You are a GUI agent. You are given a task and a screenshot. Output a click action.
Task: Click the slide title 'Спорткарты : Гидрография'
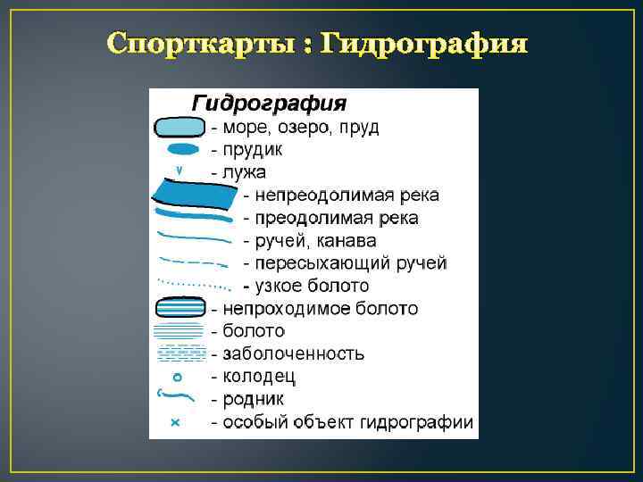tap(317, 43)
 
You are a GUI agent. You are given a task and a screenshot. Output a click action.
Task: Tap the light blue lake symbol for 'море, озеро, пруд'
tap(180, 128)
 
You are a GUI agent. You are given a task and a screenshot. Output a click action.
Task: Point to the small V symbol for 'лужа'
tap(180, 169)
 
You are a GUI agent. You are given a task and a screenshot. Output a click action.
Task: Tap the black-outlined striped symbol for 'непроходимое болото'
tap(180, 308)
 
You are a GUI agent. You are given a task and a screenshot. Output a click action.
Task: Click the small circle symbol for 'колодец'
tap(177, 376)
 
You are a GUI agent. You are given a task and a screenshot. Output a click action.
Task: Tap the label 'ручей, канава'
tap(315, 241)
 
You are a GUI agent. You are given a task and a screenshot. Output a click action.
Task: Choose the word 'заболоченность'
tap(294, 353)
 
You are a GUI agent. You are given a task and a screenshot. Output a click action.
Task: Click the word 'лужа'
tap(245, 171)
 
